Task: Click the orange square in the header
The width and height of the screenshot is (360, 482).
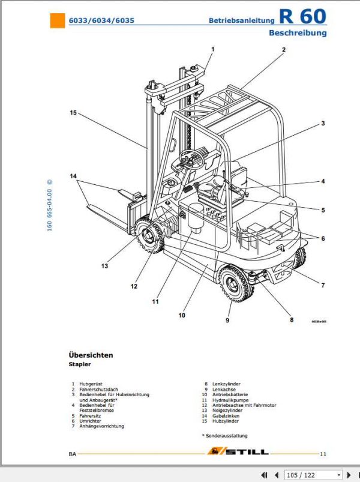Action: pyautogui.click(x=57, y=21)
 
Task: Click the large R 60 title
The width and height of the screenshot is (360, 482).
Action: pyautogui.click(x=302, y=17)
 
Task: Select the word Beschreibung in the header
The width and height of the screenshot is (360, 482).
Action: pyautogui.click(x=297, y=33)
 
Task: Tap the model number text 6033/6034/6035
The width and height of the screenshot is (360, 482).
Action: pyautogui.click(x=101, y=20)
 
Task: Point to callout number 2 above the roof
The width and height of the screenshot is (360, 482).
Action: pyautogui.click(x=283, y=50)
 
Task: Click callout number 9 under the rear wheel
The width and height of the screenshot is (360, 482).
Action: pyautogui.click(x=227, y=321)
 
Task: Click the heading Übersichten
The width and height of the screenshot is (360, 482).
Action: pyautogui.click(x=91, y=355)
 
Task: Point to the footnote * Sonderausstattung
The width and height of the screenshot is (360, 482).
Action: pyautogui.click(x=224, y=435)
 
